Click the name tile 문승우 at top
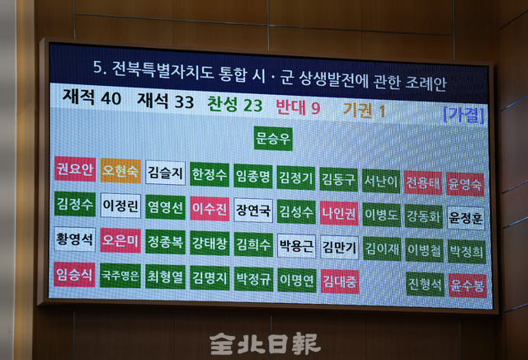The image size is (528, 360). [x=273, y=138]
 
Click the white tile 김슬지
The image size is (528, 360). [x=166, y=173]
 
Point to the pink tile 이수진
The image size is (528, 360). [x=210, y=208]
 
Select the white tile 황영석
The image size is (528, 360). [x=74, y=239]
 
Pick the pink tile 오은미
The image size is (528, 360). [x=120, y=240]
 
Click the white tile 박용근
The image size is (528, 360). [x=296, y=245]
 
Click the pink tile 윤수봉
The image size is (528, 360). [x=467, y=285]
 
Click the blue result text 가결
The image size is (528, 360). [x=464, y=113]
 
